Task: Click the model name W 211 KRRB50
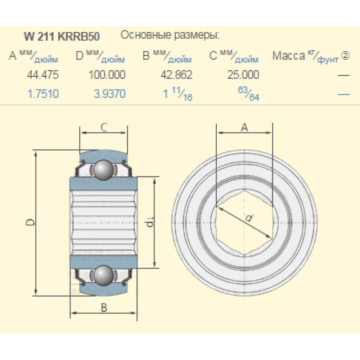(x=62, y=37)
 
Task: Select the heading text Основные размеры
(x=170, y=35)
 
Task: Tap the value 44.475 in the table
(x=43, y=75)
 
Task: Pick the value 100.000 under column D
(x=107, y=75)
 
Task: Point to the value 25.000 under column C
(x=243, y=75)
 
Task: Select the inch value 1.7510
(x=43, y=94)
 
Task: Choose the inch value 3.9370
(x=109, y=94)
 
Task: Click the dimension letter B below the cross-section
(x=104, y=308)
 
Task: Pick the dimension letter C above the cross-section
(x=104, y=127)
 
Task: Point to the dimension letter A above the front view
(x=244, y=127)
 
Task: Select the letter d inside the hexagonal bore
(x=248, y=218)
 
